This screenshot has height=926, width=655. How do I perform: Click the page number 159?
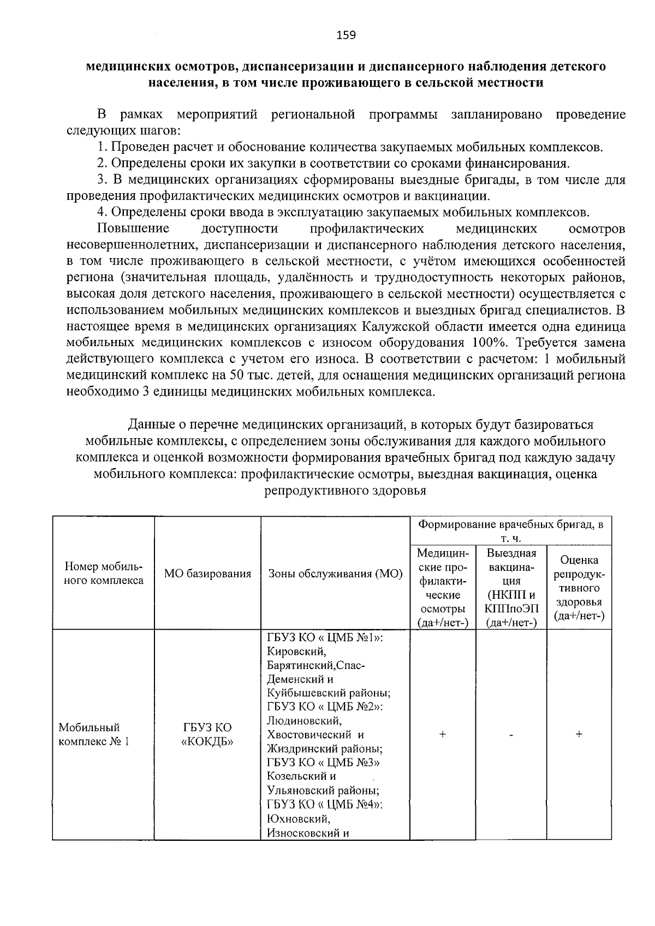click(346, 35)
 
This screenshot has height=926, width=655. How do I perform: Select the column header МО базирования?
click(207, 573)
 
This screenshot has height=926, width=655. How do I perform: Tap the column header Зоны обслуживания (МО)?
click(335, 573)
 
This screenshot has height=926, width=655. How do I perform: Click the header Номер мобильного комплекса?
click(103, 573)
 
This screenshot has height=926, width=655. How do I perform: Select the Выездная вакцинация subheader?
click(511, 588)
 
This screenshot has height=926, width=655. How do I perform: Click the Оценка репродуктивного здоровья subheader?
click(579, 588)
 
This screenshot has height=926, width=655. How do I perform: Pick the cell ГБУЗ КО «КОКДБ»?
click(207, 734)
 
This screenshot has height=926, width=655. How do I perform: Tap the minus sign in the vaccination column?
click(511, 735)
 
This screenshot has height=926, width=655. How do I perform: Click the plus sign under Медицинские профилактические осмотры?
click(442, 734)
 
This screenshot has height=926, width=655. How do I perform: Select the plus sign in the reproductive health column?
click(579, 734)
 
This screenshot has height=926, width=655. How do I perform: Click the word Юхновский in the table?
click(298, 819)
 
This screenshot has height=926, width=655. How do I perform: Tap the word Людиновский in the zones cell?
click(303, 721)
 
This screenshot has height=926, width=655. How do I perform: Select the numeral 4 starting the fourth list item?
click(100, 212)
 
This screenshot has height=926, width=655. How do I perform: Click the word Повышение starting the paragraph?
click(133, 228)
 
